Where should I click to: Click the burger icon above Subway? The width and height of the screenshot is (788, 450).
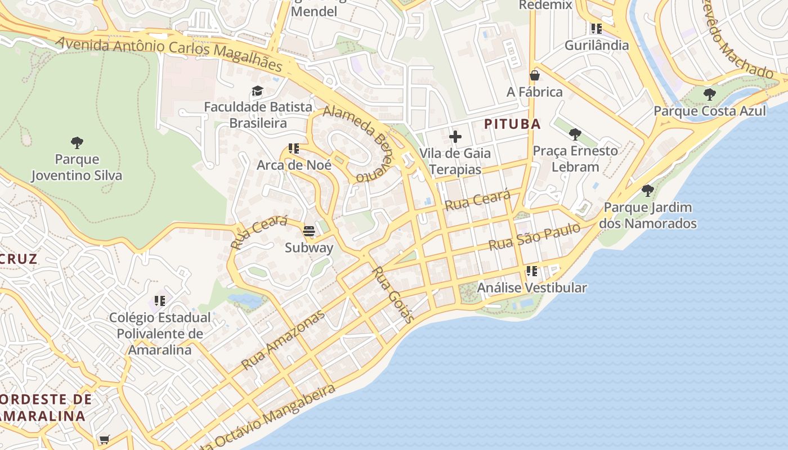tap(308, 231)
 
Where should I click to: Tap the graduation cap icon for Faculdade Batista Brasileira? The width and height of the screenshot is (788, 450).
tap(257, 91)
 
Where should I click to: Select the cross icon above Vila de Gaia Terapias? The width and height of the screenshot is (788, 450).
tap(455, 137)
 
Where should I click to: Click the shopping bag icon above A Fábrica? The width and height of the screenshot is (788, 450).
tap(534, 75)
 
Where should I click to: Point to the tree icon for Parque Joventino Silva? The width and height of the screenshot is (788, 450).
tap(77, 143)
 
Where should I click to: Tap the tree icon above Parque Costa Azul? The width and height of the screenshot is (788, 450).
tap(710, 94)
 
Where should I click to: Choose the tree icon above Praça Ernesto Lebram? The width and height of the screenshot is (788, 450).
tap(575, 134)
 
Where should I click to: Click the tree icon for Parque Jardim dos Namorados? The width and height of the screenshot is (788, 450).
tap(647, 191)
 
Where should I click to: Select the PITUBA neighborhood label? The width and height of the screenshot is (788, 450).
tap(512, 124)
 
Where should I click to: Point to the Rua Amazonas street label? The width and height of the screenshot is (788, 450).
tap(283, 340)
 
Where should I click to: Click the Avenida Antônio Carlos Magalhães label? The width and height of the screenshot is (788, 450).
tap(169, 54)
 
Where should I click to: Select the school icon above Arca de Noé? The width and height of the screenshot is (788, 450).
tap(293, 148)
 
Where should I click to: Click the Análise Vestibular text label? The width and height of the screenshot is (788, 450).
tap(532, 288)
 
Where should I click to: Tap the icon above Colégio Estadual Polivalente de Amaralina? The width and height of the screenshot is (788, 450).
tap(159, 301)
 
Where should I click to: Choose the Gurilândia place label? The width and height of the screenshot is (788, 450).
tap(596, 45)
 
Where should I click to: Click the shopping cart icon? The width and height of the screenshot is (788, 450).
tap(104, 439)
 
